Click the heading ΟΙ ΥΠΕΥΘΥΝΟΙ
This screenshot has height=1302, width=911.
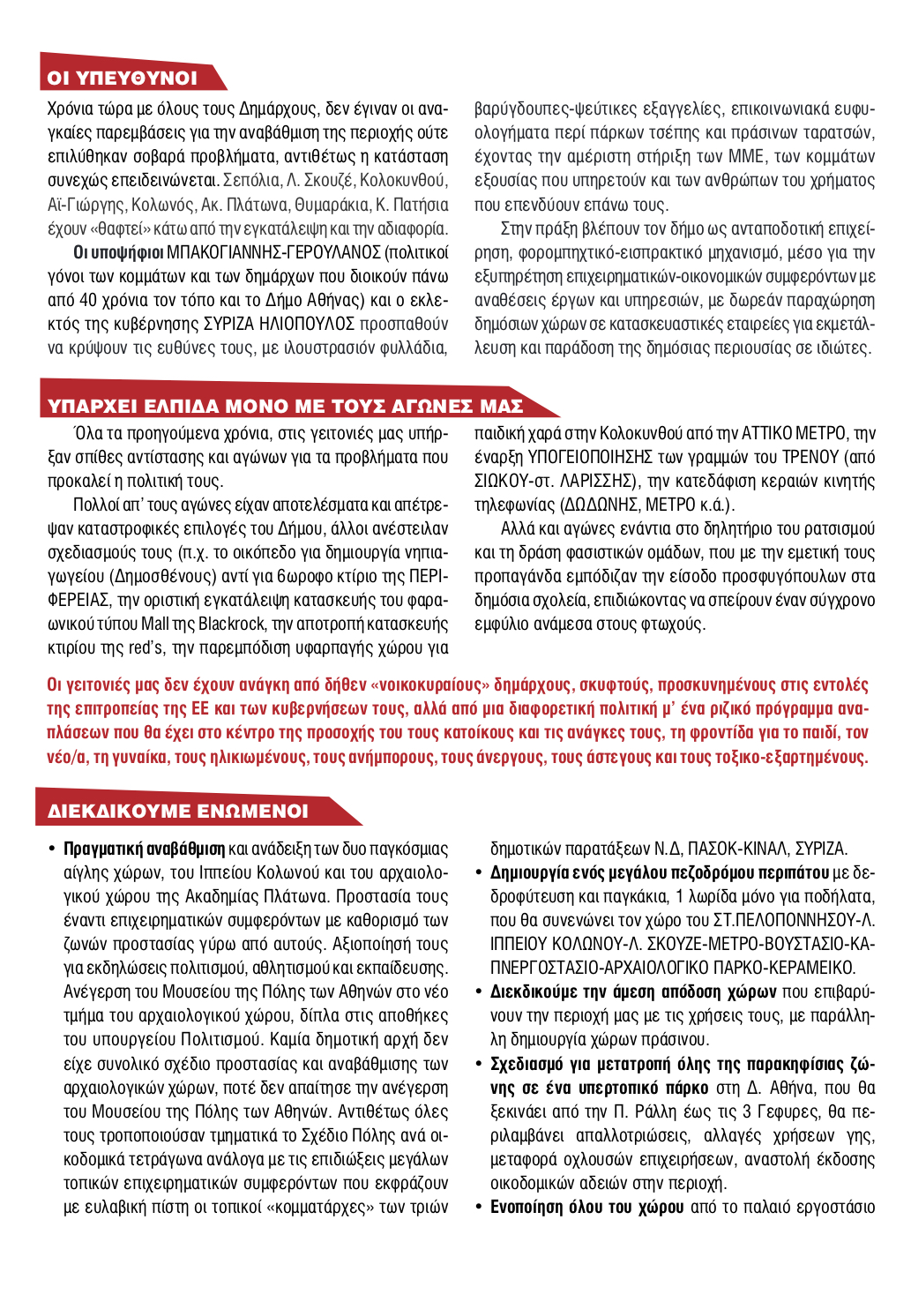123,78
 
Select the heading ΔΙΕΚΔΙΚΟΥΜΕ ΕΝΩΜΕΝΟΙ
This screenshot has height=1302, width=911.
177,811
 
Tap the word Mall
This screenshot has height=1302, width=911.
155,624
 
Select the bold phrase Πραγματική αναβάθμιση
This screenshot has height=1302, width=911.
144,849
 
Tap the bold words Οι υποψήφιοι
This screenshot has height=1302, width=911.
118,252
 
